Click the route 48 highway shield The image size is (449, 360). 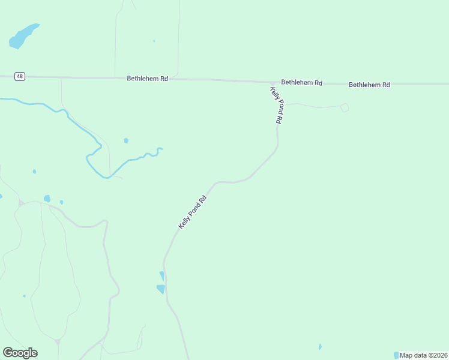tap(20, 76)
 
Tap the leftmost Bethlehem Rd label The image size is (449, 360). tap(147, 79)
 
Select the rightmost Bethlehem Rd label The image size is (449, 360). tap(369, 85)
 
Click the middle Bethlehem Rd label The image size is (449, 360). tap(301, 82)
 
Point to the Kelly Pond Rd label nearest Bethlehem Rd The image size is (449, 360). tap(276, 105)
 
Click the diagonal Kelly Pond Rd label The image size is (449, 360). tap(192, 212)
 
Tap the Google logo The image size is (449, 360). tap(20, 353)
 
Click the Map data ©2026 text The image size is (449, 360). tap(423, 355)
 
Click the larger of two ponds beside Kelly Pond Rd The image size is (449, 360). tap(161, 289)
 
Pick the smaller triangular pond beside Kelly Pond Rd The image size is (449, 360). tap(161, 275)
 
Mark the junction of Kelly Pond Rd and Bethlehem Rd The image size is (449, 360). tap(273, 83)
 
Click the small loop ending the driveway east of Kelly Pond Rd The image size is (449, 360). tap(345, 108)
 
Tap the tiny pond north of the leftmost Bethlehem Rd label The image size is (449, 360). tap(154, 41)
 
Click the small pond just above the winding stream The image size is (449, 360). tap(126, 140)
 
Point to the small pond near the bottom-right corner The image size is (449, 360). tap(320, 347)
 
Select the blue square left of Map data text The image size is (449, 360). tap(396, 355)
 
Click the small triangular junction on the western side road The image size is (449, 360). tap(22, 203)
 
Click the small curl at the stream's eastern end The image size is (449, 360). tap(160, 149)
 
